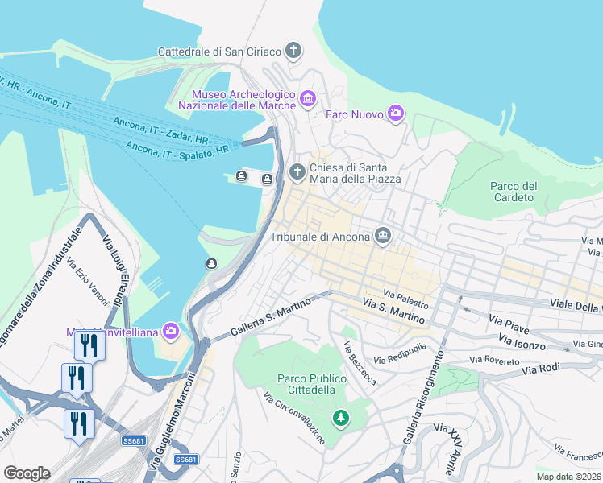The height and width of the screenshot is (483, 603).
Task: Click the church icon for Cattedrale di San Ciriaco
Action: coord(293,52)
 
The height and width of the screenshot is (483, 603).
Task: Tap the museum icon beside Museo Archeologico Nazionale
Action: coord(307,99)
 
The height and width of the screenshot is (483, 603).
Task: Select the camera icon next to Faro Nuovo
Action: coord(395,114)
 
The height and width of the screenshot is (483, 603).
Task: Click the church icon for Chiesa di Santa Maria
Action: coord(297,171)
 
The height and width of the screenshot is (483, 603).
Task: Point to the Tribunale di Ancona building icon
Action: coord(383,236)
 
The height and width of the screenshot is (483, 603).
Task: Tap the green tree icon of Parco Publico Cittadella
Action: coord(341,418)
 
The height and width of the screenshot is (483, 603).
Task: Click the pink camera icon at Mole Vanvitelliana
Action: coord(170,330)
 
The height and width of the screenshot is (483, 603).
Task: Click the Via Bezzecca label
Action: coord(360,364)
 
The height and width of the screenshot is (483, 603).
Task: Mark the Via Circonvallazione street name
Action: coord(294,419)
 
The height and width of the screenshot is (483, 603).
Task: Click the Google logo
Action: coord(27,473)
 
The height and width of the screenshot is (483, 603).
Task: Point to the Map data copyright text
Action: coord(568,477)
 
